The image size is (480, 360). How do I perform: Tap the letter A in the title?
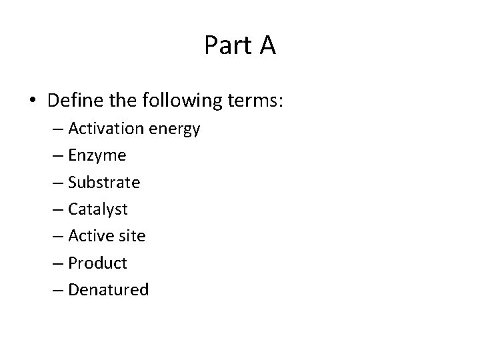click(x=265, y=45)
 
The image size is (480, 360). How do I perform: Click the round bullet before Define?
click(x=33, y=101)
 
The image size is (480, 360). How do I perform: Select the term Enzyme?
click(x=97, y=156)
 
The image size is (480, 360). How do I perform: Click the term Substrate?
click(x=104, y=182)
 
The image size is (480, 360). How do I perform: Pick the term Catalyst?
click(x=98, y=209)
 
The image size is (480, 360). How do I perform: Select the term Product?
click(x=97, y=263)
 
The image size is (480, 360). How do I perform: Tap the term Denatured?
click(x=108, y=289)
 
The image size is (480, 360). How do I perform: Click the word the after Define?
click(x=121, y=101)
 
